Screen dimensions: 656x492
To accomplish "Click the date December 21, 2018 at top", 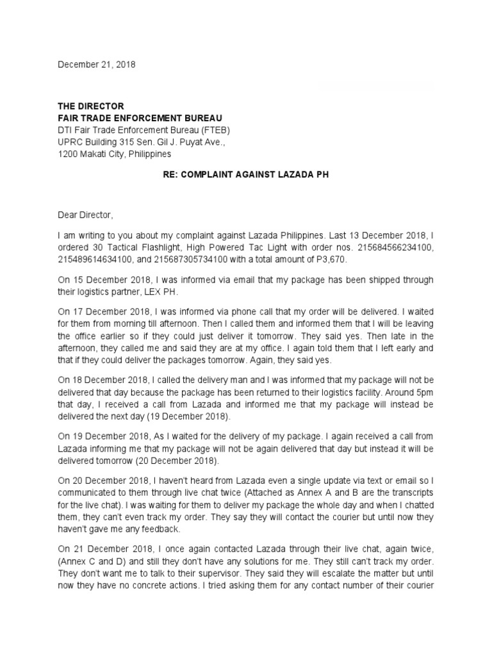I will coord(97,65).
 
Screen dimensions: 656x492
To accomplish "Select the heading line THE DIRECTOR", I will coord(91,106).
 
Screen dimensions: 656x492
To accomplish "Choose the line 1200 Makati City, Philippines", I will coord(115,154).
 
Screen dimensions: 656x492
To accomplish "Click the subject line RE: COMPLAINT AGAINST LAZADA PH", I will coord(246,175).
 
